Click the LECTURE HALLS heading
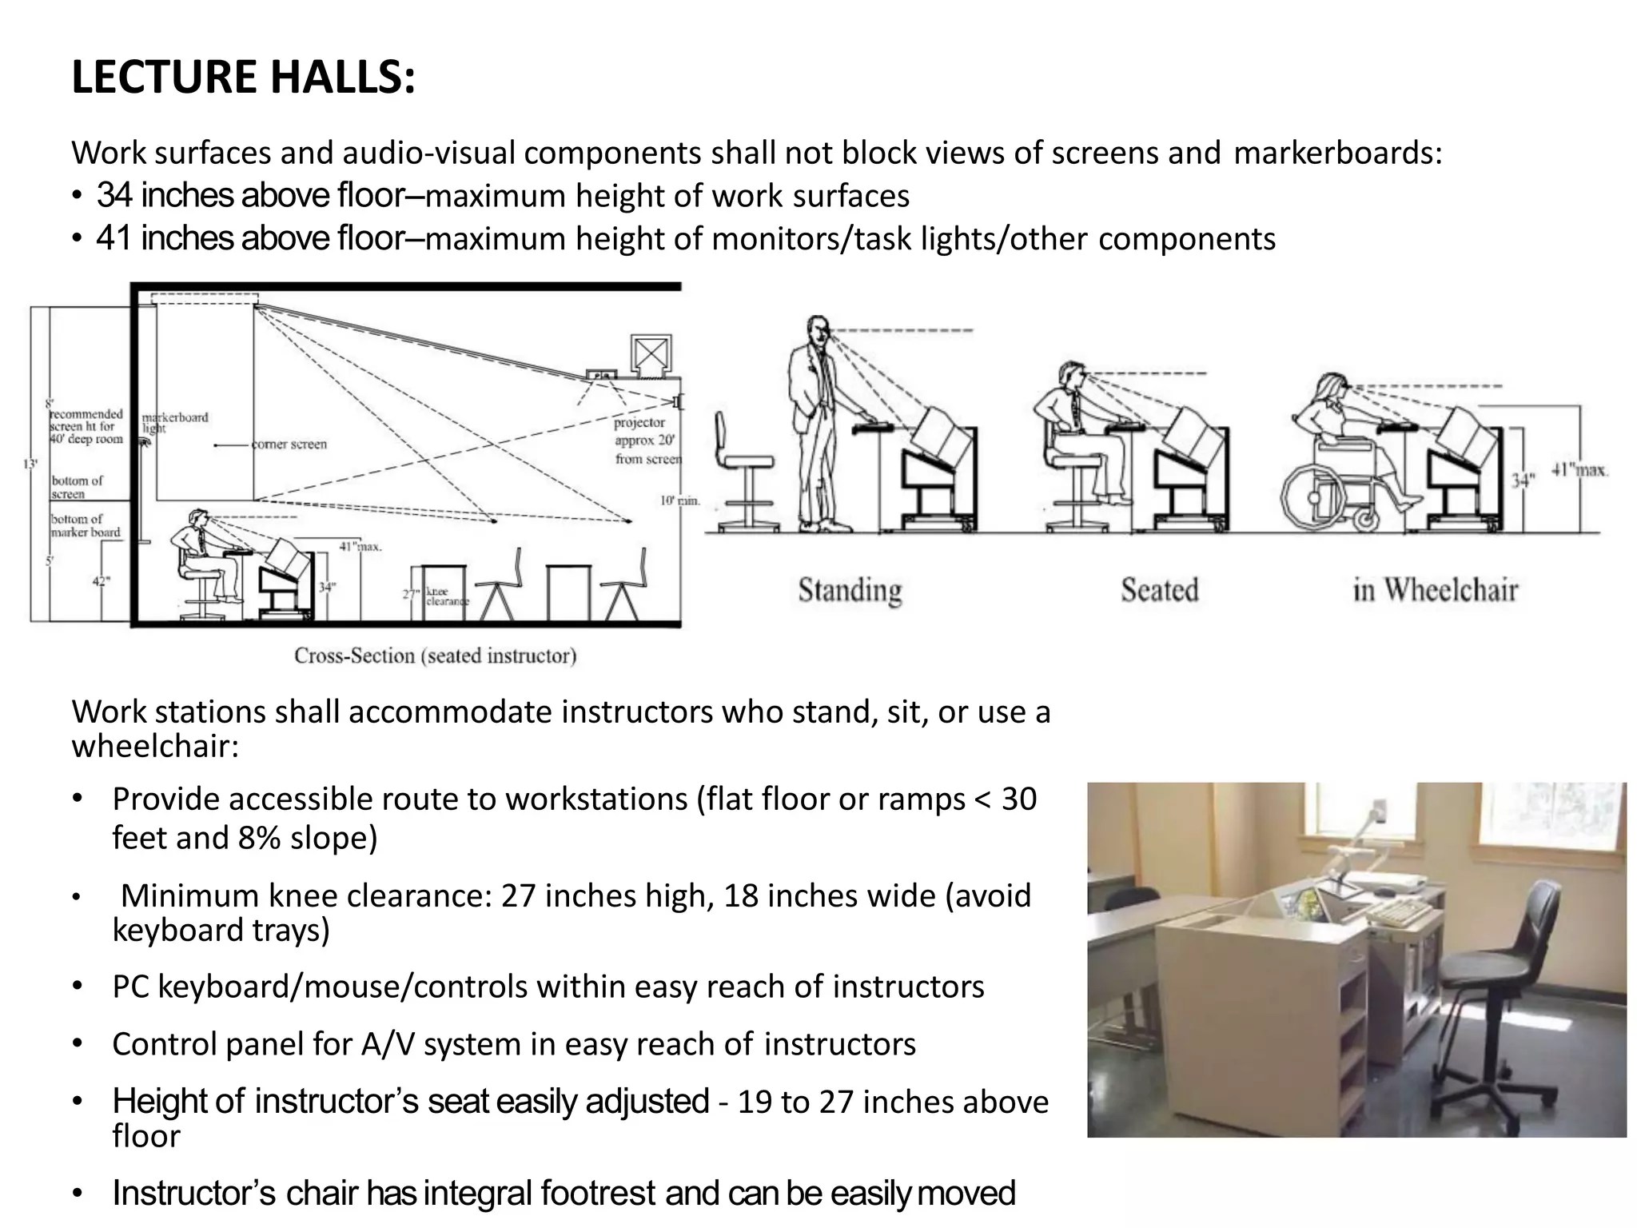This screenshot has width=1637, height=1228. click(x=243, y=78)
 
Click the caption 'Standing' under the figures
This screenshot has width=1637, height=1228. click(x=850, y=591)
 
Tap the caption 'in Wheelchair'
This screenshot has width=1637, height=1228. click(x=1435, y=590)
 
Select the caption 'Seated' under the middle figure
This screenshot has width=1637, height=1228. click(x=1159, y=590)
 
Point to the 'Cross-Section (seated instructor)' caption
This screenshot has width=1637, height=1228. click(x=435, y=656)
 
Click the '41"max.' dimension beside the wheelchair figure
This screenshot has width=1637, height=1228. click(x=1579, y=470)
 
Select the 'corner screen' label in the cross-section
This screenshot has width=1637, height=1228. click(x=289, y=445)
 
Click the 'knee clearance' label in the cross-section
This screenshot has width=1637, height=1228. click(x=447, y=596)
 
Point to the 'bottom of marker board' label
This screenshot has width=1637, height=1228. click(x=86, y=525)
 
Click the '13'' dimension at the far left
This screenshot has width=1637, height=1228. click(x=31, y=464)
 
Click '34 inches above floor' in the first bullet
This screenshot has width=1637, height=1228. click(x=250, y=195)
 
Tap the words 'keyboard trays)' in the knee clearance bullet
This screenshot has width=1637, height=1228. click(x=221, y=930)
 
